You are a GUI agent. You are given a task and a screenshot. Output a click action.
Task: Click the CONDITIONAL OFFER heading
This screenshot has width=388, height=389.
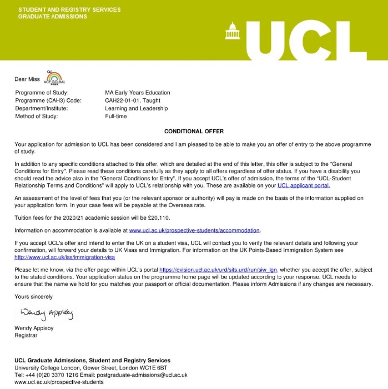[x=194, y=132]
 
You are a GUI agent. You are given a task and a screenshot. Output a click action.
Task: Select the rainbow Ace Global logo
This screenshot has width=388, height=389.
[x=54, y=77]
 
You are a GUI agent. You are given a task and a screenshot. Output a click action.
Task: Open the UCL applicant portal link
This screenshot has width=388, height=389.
[x=304, y=185]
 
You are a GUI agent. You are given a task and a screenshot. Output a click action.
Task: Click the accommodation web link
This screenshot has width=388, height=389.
[x=194, y=230]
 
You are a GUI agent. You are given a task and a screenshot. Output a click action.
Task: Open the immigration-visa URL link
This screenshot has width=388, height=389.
[x=64, y=257]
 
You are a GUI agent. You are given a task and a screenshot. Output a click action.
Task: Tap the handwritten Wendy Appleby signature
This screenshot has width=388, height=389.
[x=47, y=314]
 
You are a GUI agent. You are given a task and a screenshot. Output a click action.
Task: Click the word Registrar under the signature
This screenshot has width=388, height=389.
[x=26, y=335]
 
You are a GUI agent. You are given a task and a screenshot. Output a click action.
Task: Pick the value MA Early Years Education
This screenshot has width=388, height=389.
[x=138, y=93]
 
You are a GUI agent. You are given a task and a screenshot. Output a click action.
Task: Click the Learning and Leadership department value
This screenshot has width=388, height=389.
[x=136, y=108]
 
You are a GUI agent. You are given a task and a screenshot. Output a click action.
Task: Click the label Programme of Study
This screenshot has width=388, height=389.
[x=42, y=93]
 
